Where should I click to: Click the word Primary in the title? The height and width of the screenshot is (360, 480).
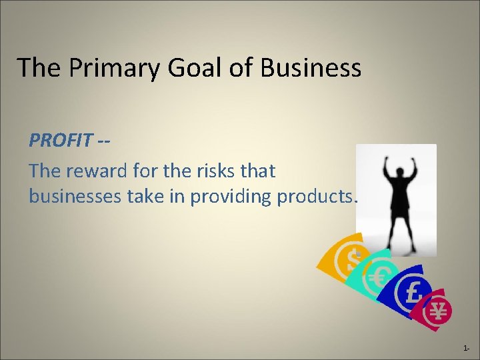point(101,68)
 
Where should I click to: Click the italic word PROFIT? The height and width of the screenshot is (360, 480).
point(61,141)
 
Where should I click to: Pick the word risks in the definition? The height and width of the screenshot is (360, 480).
point(215,171)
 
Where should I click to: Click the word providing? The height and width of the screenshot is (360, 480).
point(231,197)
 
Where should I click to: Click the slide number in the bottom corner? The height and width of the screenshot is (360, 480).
point(466,349)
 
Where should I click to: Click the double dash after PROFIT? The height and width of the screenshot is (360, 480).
point(103,141)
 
